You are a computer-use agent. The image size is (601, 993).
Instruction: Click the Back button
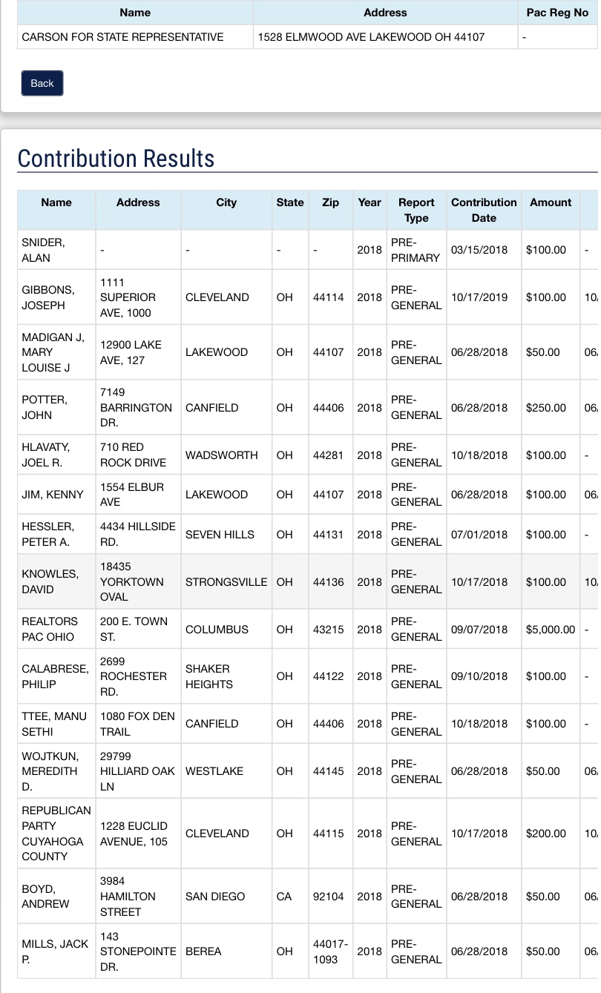[x=42, y=83]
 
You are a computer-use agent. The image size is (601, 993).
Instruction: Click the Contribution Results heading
[x=116, y=159]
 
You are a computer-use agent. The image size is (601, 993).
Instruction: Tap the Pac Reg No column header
[x=557, y=13]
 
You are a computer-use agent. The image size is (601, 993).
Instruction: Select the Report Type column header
[x=416, y=210]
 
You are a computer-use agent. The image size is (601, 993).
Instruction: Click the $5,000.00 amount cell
[x=550, y=630]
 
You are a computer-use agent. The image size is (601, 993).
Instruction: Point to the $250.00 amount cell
[x=545, y=408]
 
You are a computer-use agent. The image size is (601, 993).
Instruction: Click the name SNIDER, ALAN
[x=43, y=250]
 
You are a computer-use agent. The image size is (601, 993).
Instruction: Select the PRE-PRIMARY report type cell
[x=415, y=250]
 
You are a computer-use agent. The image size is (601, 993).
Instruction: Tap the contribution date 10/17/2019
[x=479, y=297]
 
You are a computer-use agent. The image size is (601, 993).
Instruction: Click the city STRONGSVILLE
[x=226, y=582]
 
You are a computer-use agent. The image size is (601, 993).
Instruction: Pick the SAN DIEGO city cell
[x=215, y=897]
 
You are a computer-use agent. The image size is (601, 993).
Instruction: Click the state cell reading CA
[x=284, y=897]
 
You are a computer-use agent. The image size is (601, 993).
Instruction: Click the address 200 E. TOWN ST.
[x=134, y=630]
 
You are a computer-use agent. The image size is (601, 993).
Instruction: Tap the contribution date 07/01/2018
[x=479, y=535]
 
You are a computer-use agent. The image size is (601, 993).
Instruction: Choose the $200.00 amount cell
[x=545, y=834]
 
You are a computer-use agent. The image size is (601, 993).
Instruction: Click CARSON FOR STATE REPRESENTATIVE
[x=123, y=36]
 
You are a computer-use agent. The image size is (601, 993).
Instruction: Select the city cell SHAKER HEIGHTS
[x=208, y=676]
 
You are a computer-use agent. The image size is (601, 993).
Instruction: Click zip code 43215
[x=328, y=630]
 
